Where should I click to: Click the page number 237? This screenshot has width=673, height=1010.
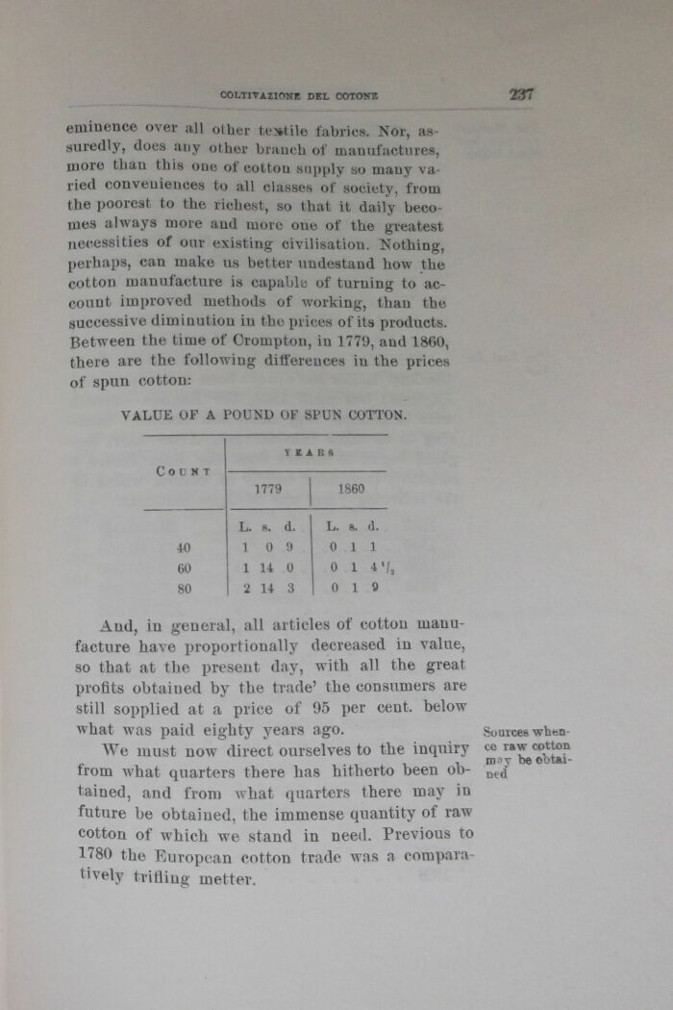point(521,94)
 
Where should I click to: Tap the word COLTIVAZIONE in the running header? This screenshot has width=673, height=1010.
point(260,95)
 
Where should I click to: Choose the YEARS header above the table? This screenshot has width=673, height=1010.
point(308,451)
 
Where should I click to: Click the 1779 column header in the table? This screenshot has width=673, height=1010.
point(267,489)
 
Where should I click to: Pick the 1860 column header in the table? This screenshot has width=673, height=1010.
point(351,489)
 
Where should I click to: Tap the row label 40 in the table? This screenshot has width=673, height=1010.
point(184,547)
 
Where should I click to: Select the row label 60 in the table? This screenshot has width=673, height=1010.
point(184,568)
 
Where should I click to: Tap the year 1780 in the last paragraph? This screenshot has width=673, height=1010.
point(93,855)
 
